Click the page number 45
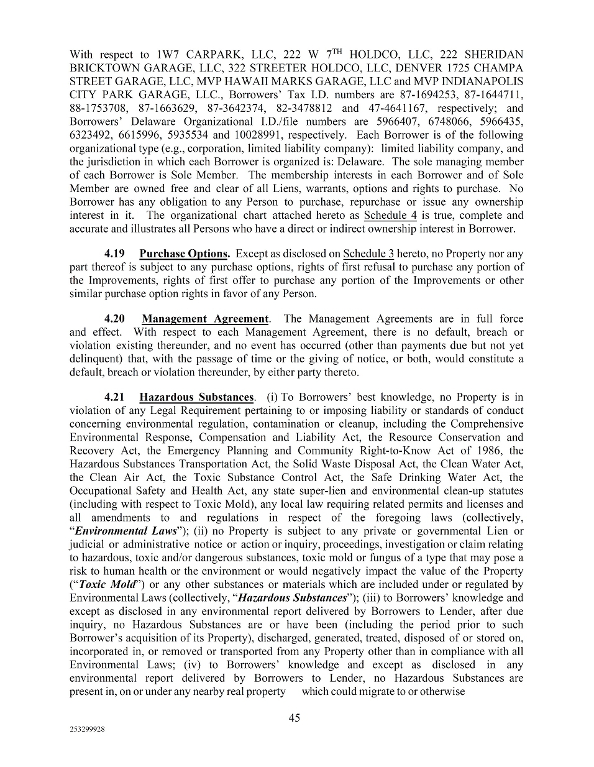[x=295, y=718]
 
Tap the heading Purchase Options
[x=185, y=254]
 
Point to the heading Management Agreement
[x=205, y=319]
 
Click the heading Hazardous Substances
[x=196, y=397]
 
